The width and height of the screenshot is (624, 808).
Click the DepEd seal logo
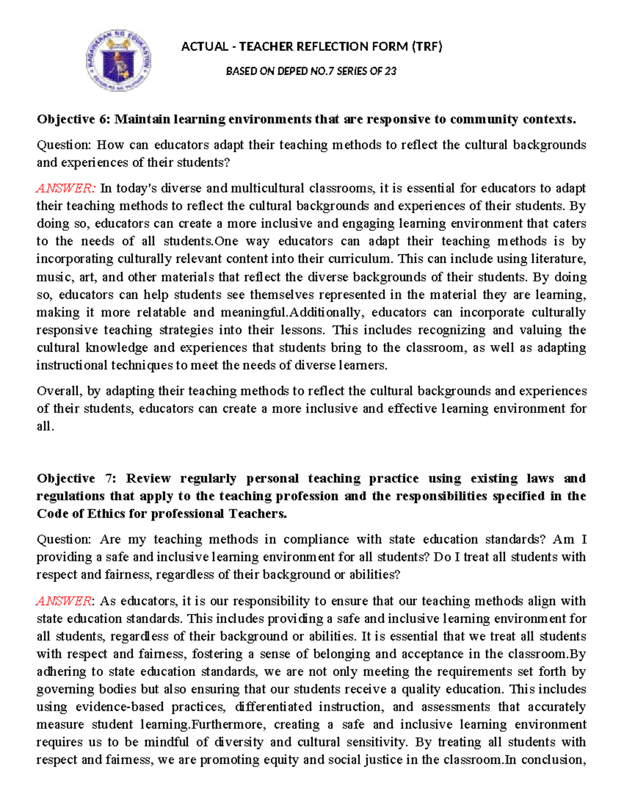pos(119,60)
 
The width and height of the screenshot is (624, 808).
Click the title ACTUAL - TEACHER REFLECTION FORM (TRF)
pos(311,47)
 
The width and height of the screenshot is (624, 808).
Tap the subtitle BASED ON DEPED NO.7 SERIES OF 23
pos(311,71)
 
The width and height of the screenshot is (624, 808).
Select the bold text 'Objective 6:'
pos(73,120)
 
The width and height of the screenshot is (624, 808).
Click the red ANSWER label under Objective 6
pos(66,188)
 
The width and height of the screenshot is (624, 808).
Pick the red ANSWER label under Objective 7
pos(64,601)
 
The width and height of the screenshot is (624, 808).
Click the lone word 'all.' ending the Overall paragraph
pos(45,427)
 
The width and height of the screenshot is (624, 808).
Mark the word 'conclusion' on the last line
pos(552,760)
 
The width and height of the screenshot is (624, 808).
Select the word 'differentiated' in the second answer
pos(271,707)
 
